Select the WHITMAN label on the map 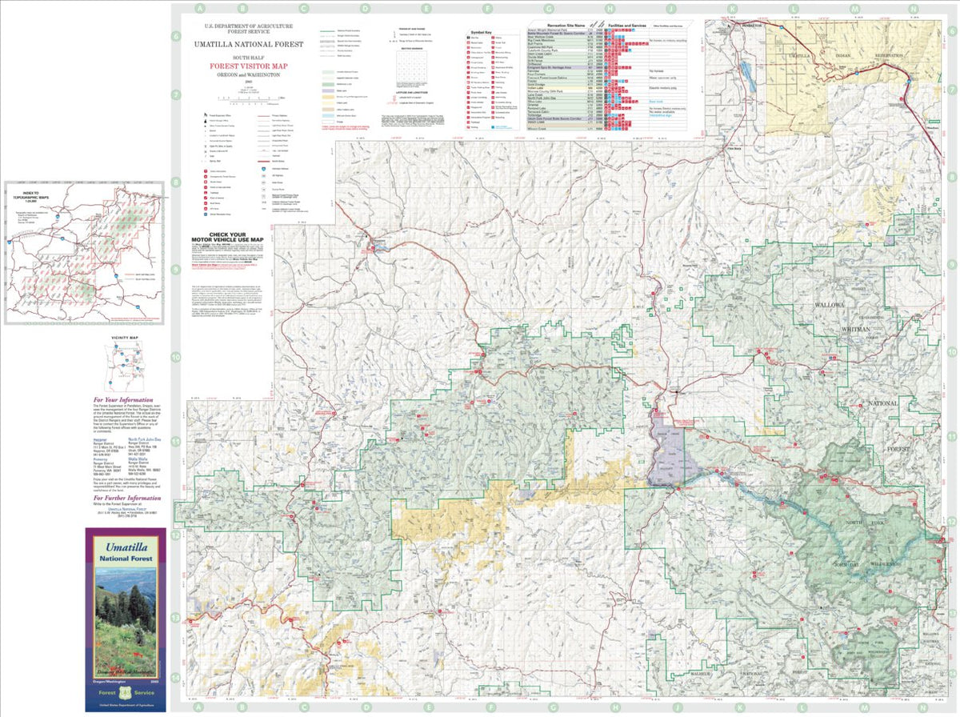[854, 329]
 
